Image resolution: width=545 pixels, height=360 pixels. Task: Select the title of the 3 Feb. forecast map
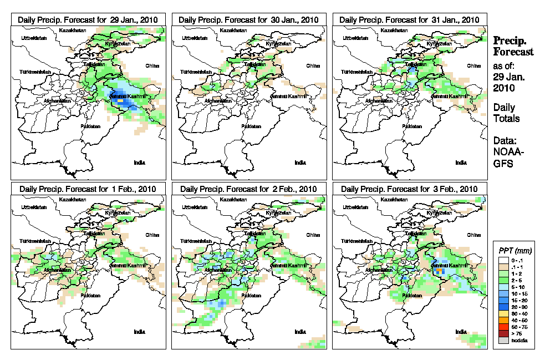click(x=409, y=189)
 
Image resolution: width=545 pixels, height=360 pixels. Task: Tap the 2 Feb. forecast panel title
click(x=248, y=189)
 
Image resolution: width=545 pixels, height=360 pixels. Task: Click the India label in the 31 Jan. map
click(x=461, y=163)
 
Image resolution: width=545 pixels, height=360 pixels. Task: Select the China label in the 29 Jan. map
click(x=152, y=65)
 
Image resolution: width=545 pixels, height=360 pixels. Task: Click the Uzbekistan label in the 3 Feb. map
click(x=356, y=207)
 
